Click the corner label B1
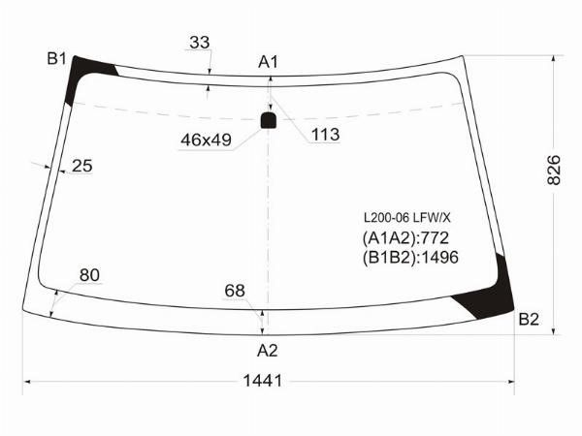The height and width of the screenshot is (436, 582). pyautogui.click(x=56, y=58)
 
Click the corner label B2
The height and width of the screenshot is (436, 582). pyautogui.click(x=529, y=319)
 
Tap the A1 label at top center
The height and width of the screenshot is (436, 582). pyautogui.click(x=268, y=62)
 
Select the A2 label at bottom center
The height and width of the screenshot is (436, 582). pyautogui.click(x=268, y=350)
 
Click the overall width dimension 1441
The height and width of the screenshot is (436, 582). pyautogui.click(x=263, y=381)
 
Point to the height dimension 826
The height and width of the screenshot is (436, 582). pyautogui.click(x=554, y=171)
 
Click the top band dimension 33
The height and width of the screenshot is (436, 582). pyautogui.click(x=200, y=43)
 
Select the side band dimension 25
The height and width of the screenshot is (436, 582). pyautogui.click(x=82, y=166)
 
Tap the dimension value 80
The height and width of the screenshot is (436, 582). pyautogui.click(x=89, y=275)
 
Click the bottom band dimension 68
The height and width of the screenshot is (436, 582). pyautogui.click(x=235, y=291)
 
